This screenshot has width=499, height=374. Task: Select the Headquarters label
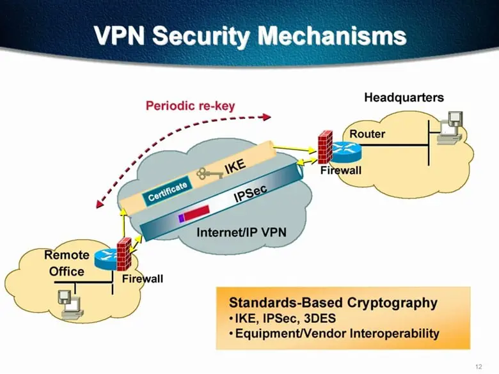pos(404,97)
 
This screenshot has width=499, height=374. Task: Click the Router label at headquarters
pos(367,134)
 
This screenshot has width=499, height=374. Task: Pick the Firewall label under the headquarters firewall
pos(341,171)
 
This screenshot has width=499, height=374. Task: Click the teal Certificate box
pos(168,191)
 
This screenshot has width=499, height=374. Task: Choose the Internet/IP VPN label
pos(241,233)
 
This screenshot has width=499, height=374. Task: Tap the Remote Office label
pos(67,263)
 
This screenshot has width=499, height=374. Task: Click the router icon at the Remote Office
pos(105,259)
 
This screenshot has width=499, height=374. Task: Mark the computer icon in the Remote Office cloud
pos(68,300)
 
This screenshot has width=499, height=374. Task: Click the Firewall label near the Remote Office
pos(142,279)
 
